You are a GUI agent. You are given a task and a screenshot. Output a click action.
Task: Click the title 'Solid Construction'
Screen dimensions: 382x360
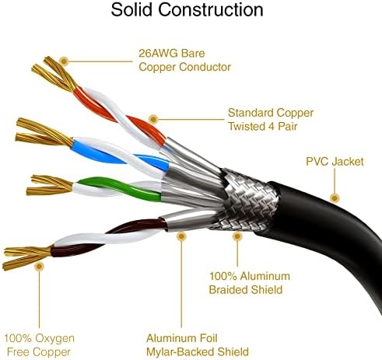(187, 10)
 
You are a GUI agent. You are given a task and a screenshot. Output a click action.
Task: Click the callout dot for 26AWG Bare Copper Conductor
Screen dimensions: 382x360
(64, 61)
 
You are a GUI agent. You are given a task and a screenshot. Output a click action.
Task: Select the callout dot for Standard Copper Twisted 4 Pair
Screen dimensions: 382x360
(153, 119)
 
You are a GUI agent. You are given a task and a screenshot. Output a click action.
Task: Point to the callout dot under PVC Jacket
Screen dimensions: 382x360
(335, 198)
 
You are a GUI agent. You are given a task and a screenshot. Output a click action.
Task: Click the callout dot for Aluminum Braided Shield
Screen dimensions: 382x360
(237, 236)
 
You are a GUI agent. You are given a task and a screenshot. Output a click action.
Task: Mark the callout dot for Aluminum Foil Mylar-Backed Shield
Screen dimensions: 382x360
(181, 236)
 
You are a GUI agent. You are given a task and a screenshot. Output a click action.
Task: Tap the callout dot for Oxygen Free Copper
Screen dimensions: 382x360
(39, 266)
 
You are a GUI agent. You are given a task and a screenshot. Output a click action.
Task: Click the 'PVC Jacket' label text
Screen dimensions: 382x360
(335, 162)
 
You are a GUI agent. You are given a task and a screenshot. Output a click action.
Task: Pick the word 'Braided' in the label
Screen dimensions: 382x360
(226, 289)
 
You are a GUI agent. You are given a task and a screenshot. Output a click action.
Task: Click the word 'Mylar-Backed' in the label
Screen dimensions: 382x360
(180, 352)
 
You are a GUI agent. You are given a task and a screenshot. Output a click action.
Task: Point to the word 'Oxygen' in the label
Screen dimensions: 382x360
(54, 339)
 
